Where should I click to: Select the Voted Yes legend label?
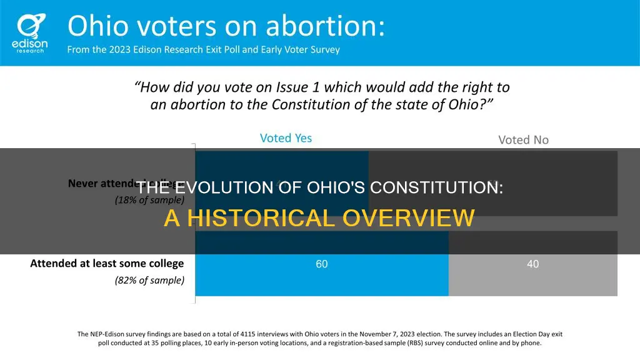(x=286, y=138)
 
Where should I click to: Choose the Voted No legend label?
(x=523, y=139)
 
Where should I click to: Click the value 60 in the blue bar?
(x=321, y=264)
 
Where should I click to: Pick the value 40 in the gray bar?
(x=532, y=264)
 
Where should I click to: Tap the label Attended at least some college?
(x=107, y=264)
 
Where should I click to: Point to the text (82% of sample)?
(x=149, y=280)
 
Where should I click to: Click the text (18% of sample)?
(x=149, y=200)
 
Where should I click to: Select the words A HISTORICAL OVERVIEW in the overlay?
(x=319, y=218)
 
